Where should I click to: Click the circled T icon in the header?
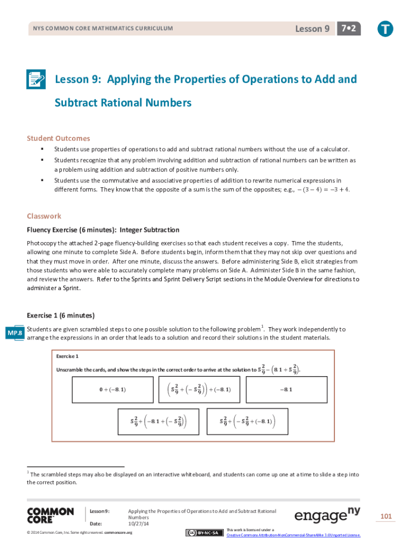click(385, 29)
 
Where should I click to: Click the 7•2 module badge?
click(348, 29)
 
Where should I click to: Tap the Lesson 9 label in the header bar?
click(312, 29)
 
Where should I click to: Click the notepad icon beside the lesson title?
click(36, 80)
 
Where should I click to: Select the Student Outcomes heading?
click(59, 138)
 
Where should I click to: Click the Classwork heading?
click(44, 216)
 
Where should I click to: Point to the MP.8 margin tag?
click(14, 334)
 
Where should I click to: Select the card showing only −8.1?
click(286, 389)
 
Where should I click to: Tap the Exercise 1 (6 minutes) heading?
click(61, 315)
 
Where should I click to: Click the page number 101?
click(386, 517)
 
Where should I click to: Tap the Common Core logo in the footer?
click(50, 515)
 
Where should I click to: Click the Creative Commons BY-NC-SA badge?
click(205, 533)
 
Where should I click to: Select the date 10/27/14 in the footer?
click(138, 523)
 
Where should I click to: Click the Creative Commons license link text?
click(294, 535)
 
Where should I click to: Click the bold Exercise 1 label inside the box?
click(68, 356)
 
